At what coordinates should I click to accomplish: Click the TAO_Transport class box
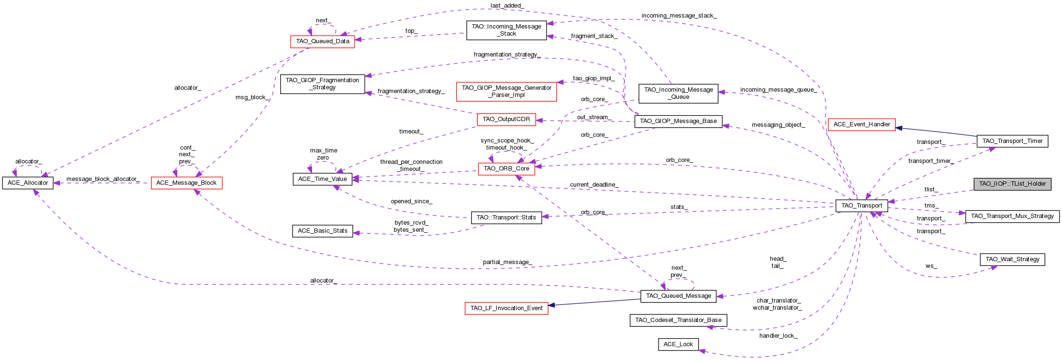[x=862, y=206]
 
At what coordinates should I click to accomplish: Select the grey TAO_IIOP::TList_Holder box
[x=1012, y=184]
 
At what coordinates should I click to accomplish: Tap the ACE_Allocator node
[x=28, y=183]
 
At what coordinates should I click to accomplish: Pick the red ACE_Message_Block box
[x=186, y=183]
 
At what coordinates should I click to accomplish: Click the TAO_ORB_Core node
[x=506, y=169]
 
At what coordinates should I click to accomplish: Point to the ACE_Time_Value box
[x=322, y=179]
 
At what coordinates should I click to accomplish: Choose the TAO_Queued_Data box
[x=322, y=41]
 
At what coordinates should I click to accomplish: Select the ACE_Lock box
[x=678, y=344]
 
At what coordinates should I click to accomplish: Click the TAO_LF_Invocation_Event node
[x=506, y=308]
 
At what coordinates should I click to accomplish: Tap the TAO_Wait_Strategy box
[x=1012, y=259]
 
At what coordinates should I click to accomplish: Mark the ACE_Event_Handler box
[x=861, y=124]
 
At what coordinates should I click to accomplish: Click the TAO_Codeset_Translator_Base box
[x=678, y=320]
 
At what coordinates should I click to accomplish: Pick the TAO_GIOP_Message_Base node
[x=678, y=121]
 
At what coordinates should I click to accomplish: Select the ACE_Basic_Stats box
[x=322, y=231]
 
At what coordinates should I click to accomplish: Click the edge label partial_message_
[x=507, y=262]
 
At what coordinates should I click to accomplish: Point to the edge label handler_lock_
[x=778, y=336]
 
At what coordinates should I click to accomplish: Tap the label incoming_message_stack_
[x=679, y=16]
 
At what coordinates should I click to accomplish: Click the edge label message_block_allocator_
[x=103, y=179]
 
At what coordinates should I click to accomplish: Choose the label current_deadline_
[x=594, y=185]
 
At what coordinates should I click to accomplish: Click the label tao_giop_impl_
[x=593, y=78]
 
